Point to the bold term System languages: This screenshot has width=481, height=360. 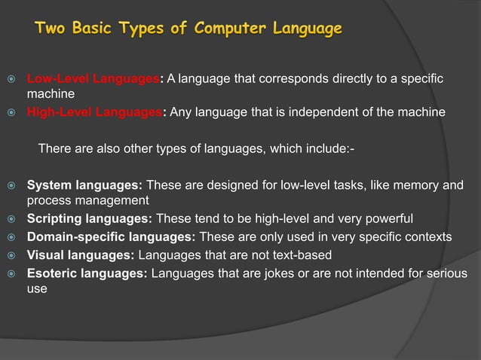pyautogui.click(x=84, y=185)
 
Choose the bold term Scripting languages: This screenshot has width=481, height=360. pyautogui.click(x=90, y=219)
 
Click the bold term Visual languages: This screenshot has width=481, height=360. pyautogui.click(x=81, y=255)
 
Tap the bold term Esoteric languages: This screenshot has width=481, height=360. pyautogui.click(x=87, y=272)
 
